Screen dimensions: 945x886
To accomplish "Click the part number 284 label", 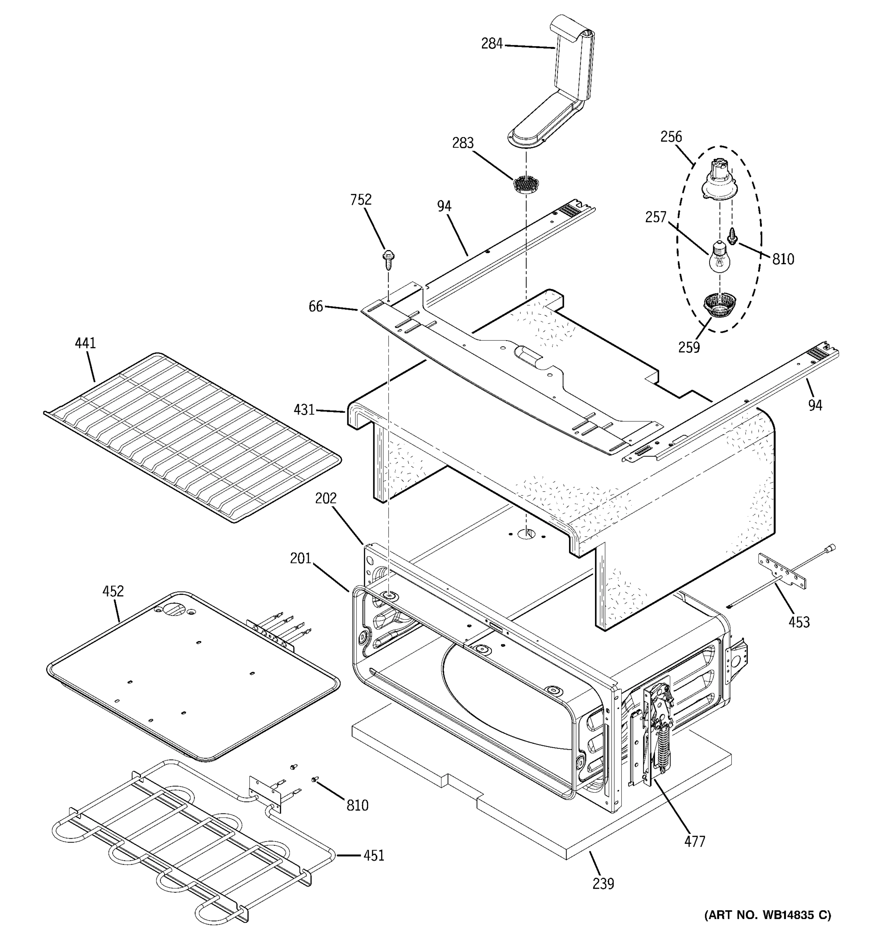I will pos(491,44).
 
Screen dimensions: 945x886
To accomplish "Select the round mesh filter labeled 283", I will pos(526,184).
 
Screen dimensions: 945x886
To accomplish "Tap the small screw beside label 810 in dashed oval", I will pos(732,236).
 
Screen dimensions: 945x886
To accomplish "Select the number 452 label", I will pos(113,591).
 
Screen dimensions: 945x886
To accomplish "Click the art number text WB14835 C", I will pos(767,915).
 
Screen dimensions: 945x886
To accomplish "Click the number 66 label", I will pos(316,307).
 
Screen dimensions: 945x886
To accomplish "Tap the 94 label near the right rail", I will pos(815,405).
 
